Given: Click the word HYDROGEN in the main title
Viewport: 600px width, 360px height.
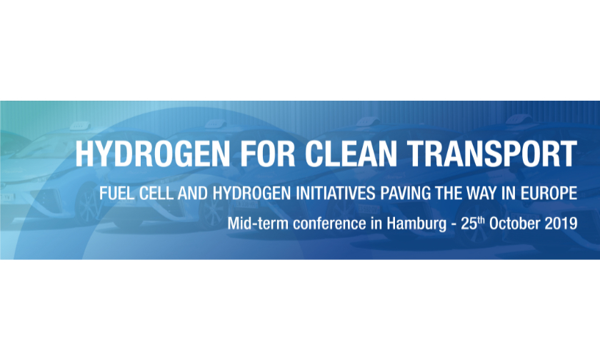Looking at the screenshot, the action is pos(152,154).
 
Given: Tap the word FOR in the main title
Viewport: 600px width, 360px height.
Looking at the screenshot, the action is pos(268,154).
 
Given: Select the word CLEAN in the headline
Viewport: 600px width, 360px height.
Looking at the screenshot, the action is pos(351,154).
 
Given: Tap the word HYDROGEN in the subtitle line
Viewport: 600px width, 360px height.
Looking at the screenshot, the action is pos(251,193).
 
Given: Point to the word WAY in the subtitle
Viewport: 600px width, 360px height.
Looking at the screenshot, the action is pos(481,193).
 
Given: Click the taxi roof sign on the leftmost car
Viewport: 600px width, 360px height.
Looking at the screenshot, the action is pos(79,126).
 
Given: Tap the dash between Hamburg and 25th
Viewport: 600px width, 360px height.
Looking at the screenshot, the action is pos(454,225).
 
